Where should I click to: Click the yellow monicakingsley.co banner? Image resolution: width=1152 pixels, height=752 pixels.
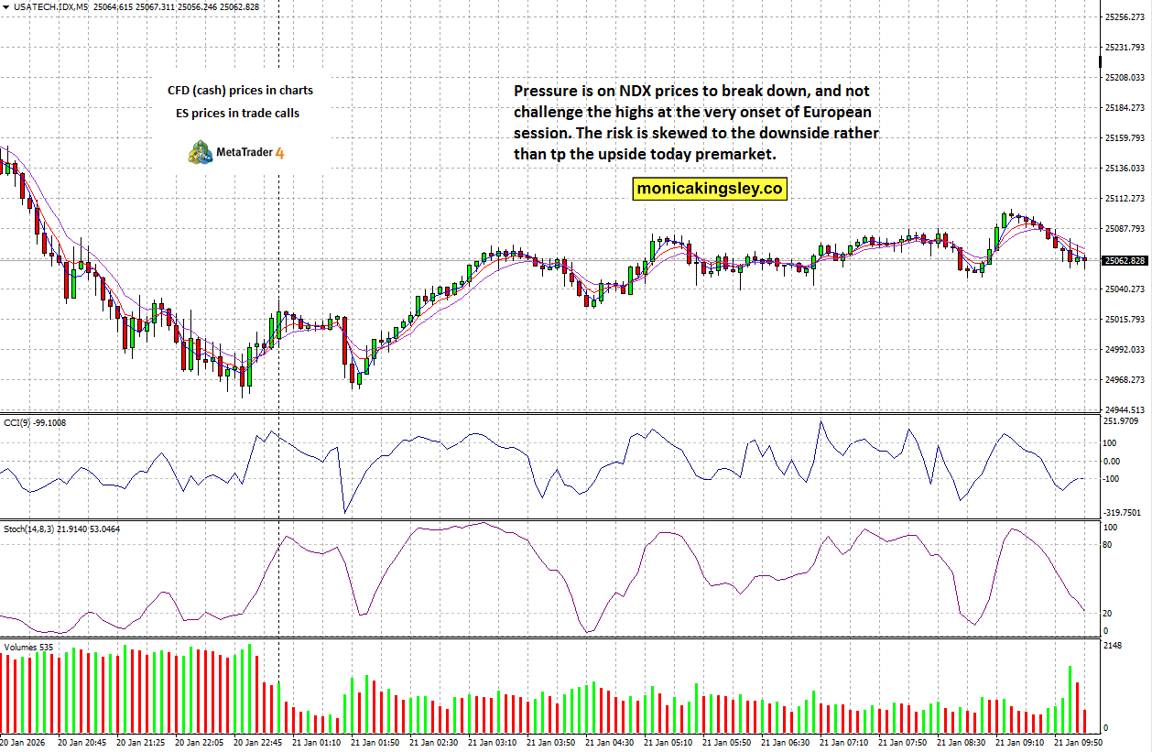coord(709,189)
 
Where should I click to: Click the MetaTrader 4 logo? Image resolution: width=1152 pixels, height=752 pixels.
coord(236,152)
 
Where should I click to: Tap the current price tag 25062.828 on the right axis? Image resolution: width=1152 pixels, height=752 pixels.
coord(1125,261)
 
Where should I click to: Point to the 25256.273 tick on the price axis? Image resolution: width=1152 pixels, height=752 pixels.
coord(1126,16)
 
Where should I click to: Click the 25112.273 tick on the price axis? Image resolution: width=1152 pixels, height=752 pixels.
coord(1126,198)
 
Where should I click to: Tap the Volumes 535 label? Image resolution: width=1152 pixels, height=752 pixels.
coord(28,647)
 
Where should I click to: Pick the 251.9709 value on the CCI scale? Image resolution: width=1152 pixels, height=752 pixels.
coord(1123,421)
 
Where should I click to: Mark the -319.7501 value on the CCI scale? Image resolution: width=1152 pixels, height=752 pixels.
coord(1124,513)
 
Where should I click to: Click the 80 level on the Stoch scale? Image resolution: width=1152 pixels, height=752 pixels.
coord(1107,545)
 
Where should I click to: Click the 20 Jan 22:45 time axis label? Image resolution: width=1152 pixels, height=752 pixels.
coord(258,742)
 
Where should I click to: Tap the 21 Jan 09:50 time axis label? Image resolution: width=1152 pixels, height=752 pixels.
coord(1077,742)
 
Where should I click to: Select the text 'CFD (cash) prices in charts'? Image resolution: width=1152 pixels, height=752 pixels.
coord(240,90)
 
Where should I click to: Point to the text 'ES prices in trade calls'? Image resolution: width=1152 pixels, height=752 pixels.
coord(237,114)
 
